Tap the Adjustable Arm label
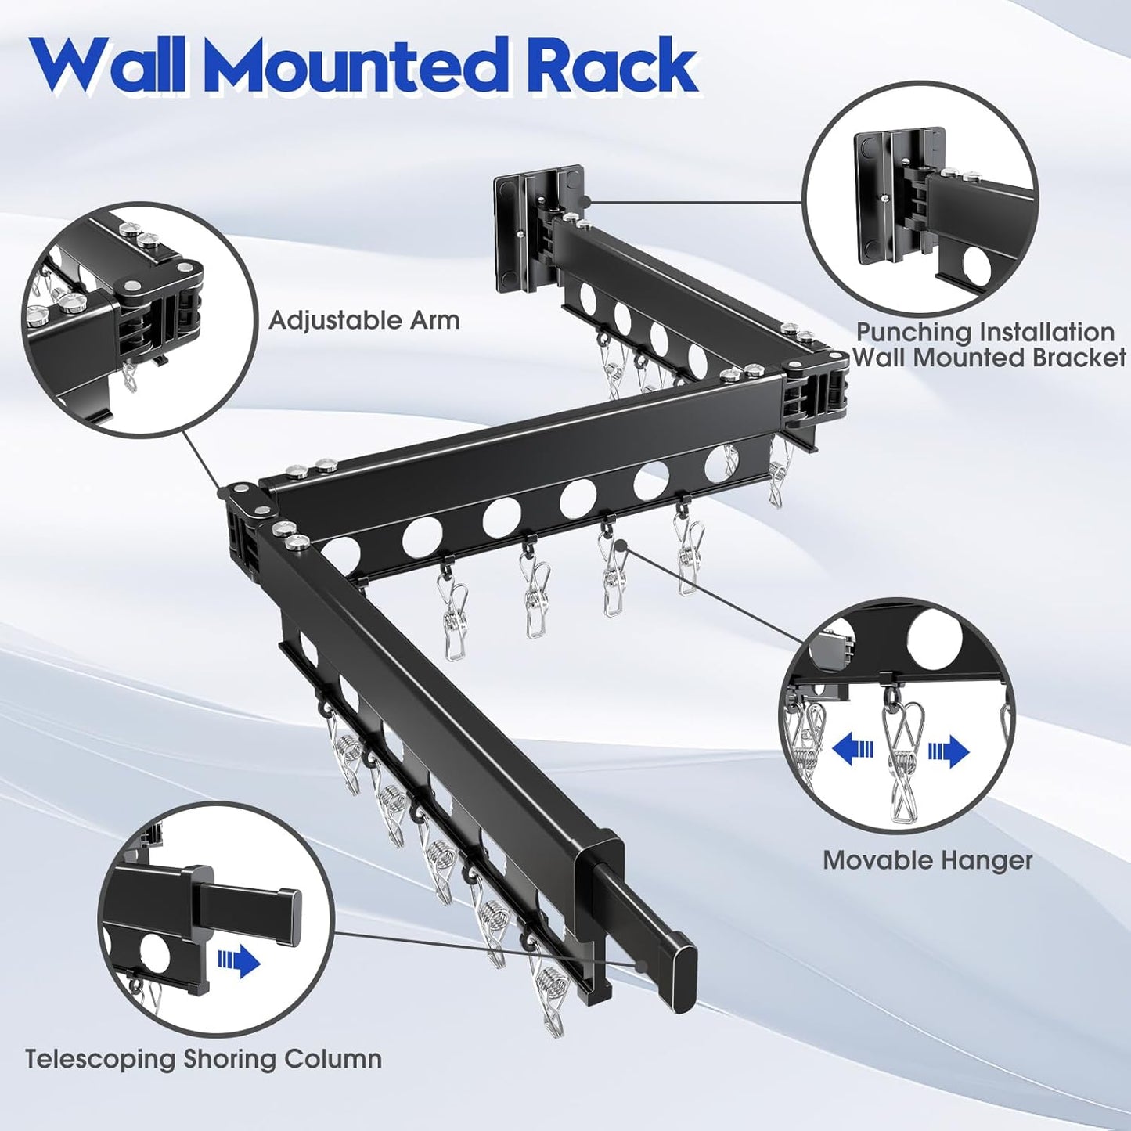tap(364, 320)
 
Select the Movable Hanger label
tap(927, 860)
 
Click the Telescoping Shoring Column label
tap(204, 1059)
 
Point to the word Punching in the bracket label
tap(909, 333)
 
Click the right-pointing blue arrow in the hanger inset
tap(949, 752)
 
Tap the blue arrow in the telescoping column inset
tap(240, 960)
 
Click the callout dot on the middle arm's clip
tap(620, 545)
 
